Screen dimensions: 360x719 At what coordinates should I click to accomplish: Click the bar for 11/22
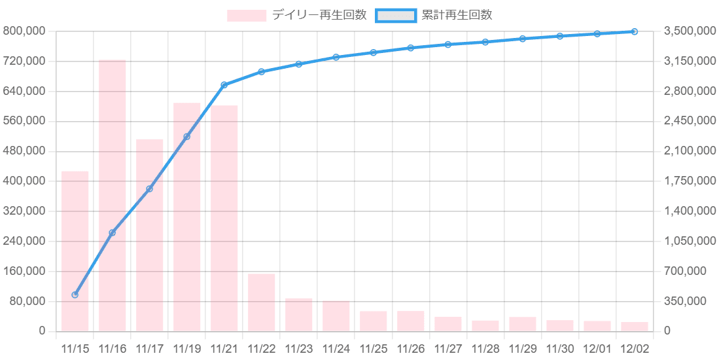point(262,302)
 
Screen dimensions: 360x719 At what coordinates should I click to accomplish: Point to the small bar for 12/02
point(635,326)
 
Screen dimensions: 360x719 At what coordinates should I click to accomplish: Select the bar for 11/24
point(336,315)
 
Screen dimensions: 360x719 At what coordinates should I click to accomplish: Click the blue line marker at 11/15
point(75,295)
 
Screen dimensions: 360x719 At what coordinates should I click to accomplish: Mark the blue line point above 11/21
point(224,84)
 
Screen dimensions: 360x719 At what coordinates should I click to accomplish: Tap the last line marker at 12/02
point(635,31)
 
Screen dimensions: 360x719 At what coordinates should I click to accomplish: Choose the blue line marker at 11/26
point(411,48)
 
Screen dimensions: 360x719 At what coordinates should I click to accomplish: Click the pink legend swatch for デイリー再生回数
point(247,15)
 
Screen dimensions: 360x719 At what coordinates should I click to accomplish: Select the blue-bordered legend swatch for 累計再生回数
point(396,15)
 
